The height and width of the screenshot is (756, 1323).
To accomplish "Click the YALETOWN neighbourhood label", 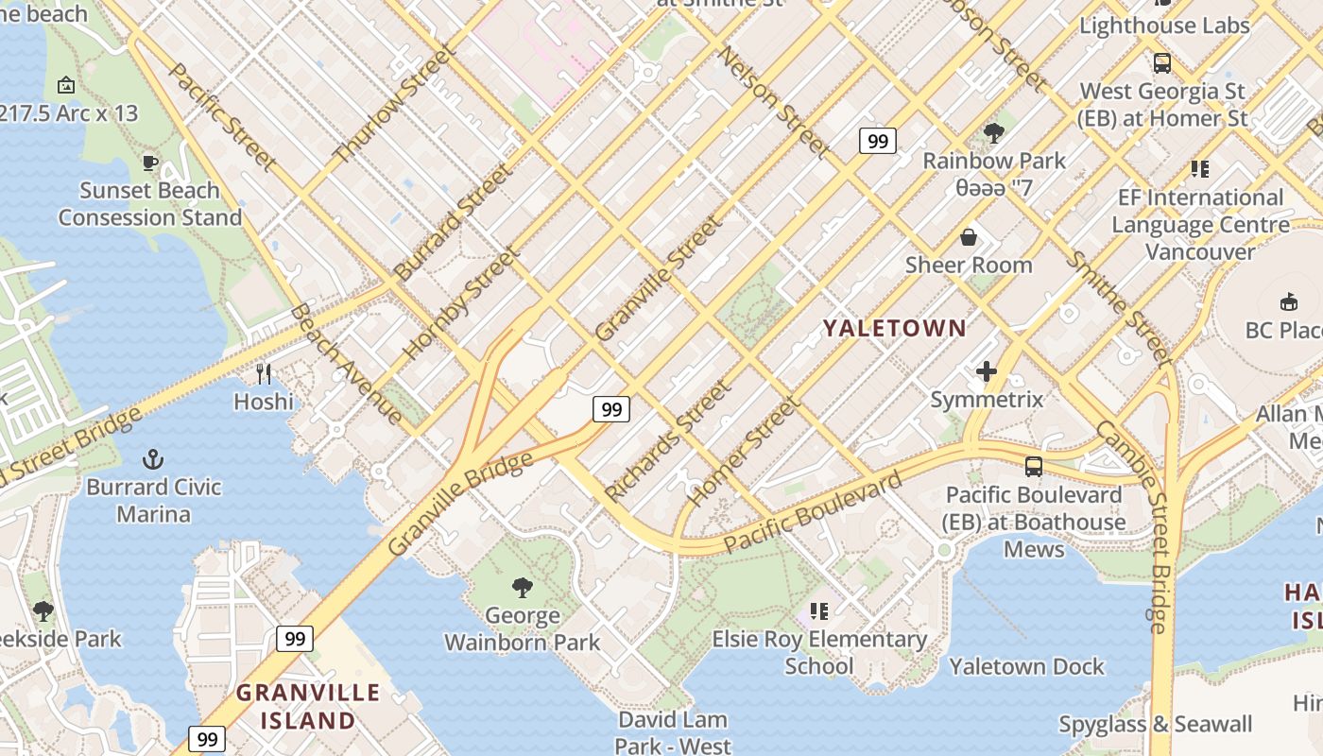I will [894, 329].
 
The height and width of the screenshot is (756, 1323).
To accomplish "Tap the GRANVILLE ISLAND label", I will [307, 706].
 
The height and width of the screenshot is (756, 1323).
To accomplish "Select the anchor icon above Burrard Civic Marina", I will [153, 460].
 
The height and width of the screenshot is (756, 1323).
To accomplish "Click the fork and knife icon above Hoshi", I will [264, 374].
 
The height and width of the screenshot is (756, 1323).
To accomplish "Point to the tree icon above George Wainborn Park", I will [522, 588].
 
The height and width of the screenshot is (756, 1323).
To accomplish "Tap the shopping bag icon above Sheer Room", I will [969, 236].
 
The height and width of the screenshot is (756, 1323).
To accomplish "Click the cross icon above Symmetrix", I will [987, 371].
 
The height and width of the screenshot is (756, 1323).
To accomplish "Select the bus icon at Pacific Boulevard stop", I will [1034, 466].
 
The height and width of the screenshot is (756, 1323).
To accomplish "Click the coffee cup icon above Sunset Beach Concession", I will [149, 163].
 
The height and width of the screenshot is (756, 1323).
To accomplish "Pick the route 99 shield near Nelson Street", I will [878, 141].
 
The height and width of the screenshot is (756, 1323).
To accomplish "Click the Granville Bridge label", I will [460, 505].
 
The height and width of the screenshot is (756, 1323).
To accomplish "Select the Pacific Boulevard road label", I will [814, 513].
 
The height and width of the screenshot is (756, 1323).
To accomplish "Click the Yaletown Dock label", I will [1026, 666].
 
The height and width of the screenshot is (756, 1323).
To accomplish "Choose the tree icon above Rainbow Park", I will [993, 132].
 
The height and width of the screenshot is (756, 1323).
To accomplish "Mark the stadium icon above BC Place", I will [1288, 301].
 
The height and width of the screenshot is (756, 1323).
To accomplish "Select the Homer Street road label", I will [745, 452].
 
